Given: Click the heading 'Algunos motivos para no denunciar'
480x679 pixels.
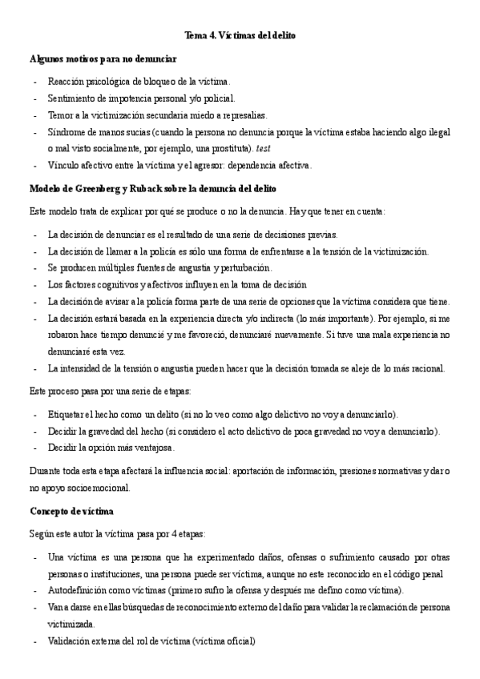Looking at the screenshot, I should coord(103,59).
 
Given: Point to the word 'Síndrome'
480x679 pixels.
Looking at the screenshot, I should coord(67,132).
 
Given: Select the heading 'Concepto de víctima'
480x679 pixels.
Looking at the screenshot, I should coord(71,511).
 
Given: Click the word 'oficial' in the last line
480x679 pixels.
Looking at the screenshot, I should coord(239,641).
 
